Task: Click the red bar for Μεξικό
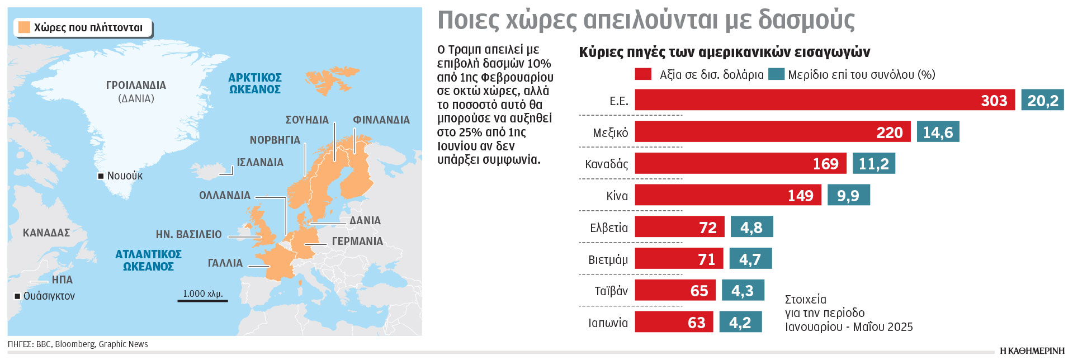click(x=772, y=132)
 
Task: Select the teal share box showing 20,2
click(x=1042, y=100)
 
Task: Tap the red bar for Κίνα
click(x=727, y=195)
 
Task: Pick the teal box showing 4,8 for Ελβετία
click(x=751, y=227)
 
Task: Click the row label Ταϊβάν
click(x=611, y=291)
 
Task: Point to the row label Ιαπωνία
click(x=608, y=323)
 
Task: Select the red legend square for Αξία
click(x=643, y=74)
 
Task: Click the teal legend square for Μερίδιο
click(x=776, y=74)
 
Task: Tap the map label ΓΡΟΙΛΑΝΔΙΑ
click(x=136, y=86)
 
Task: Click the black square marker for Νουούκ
click(x=101, y=176)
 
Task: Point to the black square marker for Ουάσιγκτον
click(x=17, y=296)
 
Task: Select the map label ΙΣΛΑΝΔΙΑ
click(x=260, y=163)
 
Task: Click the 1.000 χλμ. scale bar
click(x=202, y=300)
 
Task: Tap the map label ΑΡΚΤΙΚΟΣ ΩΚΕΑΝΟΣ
click(x=255, y=83)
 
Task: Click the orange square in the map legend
click(x=24, y=27)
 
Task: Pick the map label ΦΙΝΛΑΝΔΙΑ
click(x=381, y=120)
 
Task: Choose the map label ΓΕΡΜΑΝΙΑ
click(x=357, y=241)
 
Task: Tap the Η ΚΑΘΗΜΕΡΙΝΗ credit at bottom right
click(x=1032, y=351)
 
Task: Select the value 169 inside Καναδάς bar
click(x=825, y=164)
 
